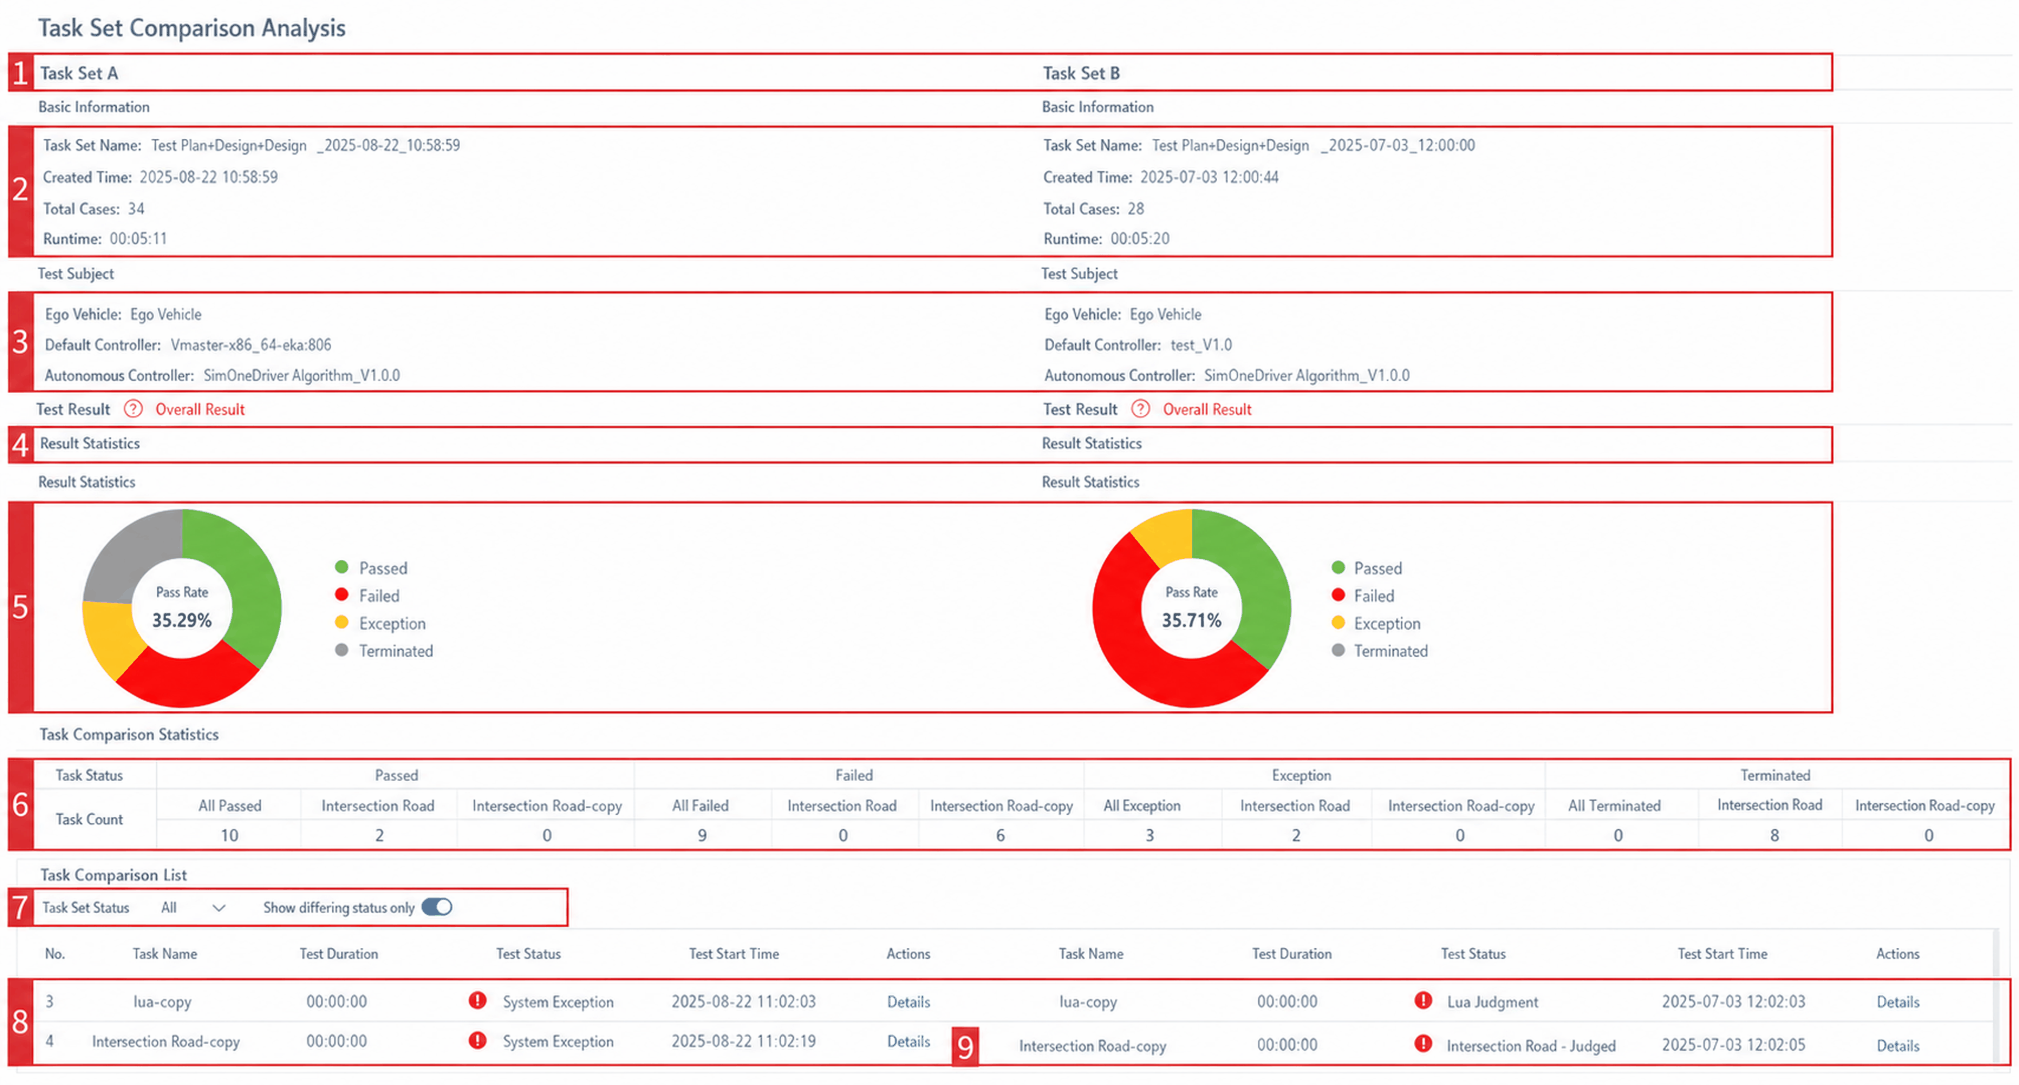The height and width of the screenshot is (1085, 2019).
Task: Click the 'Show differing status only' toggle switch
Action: click(436, 907)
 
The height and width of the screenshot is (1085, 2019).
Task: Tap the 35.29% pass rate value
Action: click(182, 620)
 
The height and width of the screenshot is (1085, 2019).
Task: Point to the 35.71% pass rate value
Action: click(1191, 620)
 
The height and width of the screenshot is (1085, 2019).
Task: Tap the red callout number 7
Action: click(21, 908)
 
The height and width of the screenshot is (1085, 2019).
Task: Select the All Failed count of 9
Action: click(702, 835)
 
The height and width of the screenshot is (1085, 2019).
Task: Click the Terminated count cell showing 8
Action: click(1775, 835)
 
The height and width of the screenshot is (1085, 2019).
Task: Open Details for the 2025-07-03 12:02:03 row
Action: click(1898, 1002)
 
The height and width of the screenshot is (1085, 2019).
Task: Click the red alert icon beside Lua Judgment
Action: click(1423, 1000)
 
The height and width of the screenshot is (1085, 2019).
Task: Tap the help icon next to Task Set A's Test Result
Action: click(133, 409)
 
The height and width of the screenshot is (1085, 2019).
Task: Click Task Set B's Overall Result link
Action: click(1207, 409)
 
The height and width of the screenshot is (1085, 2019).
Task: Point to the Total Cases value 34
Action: click(136, 208)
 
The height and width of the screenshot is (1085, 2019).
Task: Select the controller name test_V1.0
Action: click(1201, 345)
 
